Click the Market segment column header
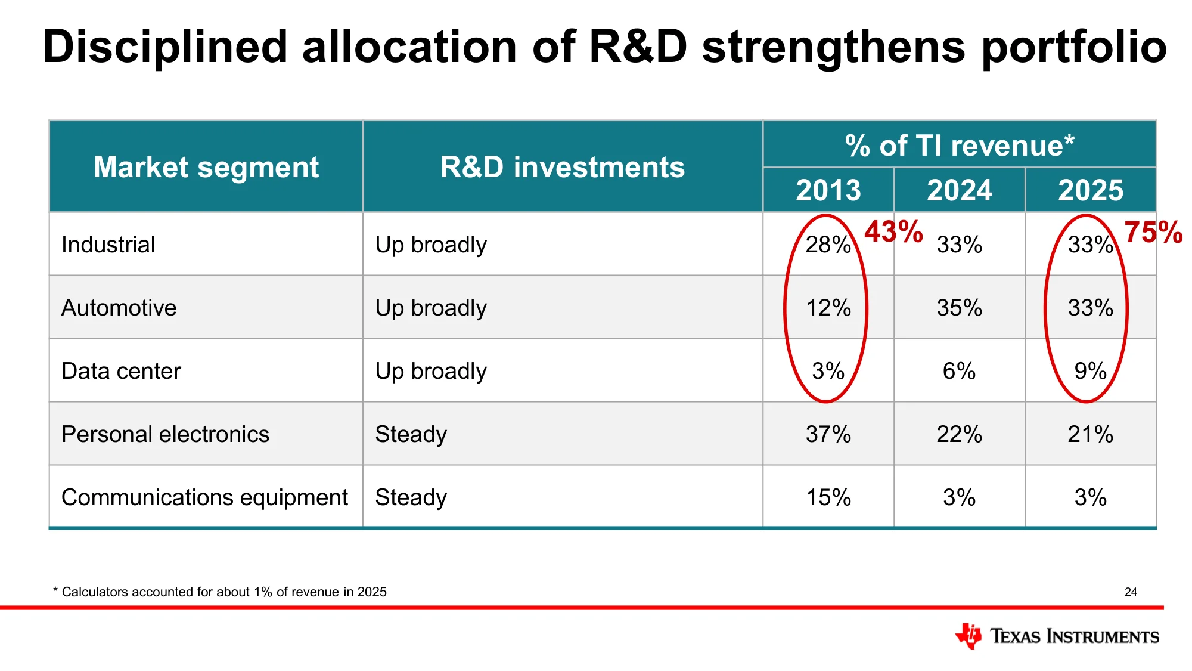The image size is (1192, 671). tap(206, 167)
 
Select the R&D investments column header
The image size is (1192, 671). tap(563, 167)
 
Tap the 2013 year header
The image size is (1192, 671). tap(828, 190)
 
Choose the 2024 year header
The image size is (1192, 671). tap(960, 190)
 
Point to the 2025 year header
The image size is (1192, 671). tap(1091, 190)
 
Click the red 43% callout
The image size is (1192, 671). tap(893, 231)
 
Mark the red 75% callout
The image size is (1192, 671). tap(1153, 232)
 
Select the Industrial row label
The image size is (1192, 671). tap(108, 245)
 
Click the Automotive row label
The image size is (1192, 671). tap(119, 308)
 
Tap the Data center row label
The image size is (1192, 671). tap(121, 371)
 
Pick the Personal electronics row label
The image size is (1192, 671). tap(165, 434)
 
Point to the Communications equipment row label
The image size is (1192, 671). tap(204, 497)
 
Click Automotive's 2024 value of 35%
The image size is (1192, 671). tap(960, 308)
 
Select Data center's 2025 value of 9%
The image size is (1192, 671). tap(1091, 371)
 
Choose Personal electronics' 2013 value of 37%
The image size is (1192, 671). tap(828, 434)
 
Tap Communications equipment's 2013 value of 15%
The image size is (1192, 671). tap(828, 497)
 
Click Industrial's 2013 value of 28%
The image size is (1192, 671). tap(828, 245)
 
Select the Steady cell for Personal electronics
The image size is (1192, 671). tap(411, 434)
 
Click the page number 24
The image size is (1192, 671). tap(1131, 592)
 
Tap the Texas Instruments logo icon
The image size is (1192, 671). tap(968, 636)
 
